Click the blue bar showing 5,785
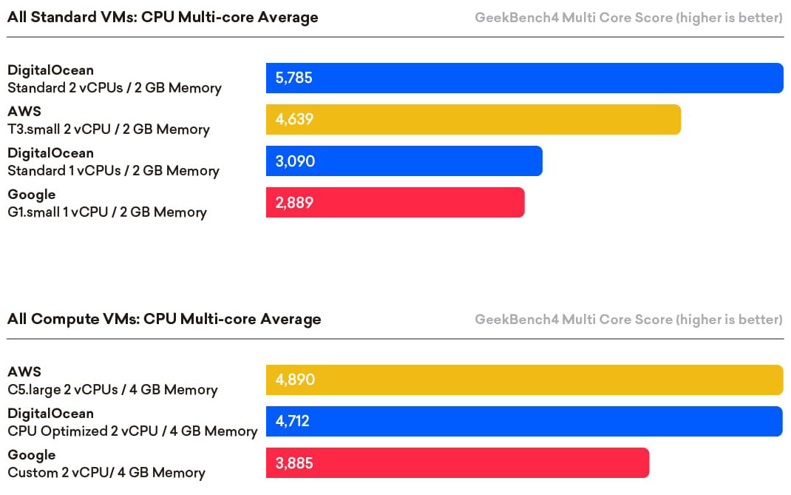click(524, 78)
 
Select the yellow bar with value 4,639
click(473, 120)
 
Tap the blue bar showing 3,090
click(404, 161)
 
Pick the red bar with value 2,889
click(395, 203)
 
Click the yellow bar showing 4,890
click(524, 380)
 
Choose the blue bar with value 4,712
click(524, 422)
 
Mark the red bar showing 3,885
click(457, 463)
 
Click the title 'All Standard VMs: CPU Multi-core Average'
click(163, 17)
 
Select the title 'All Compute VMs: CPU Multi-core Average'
click(164, 319)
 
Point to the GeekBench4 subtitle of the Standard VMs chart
click(628, 18)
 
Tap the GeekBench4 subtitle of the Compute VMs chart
click(628, 320)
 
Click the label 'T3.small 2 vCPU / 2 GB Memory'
click(109, 129)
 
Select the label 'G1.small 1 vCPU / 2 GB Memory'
click(107, 212)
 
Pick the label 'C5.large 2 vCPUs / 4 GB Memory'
click(112, 390)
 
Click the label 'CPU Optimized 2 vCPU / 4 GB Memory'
click(132, 431)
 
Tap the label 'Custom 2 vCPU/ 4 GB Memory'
click(106, 473)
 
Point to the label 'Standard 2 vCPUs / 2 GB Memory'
click(115, 88)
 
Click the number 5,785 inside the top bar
click(294, 78)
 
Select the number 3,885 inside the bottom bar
click(294, 463)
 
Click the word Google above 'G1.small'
click(32, 195)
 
